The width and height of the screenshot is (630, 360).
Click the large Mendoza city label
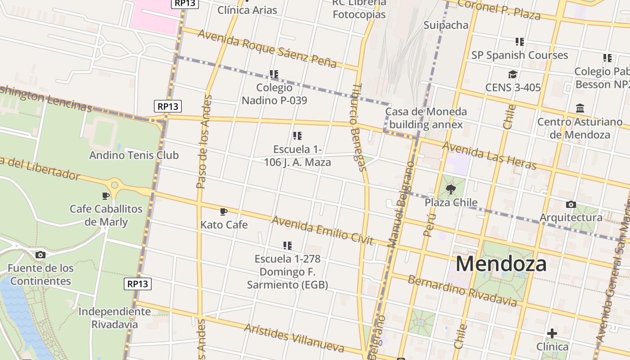coord(501,264)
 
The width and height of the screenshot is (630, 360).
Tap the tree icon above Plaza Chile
coord(450,189)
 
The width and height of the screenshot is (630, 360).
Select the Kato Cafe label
coord(224,225)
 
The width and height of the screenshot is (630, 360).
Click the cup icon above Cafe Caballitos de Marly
coord(106,196)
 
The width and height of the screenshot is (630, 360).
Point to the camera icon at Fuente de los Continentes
coord(40,255)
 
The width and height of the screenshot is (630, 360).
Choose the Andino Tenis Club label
coord(134,155)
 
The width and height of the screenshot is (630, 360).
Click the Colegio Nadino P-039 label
coord(274,94)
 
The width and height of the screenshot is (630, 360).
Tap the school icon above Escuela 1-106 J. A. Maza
coord(297,135)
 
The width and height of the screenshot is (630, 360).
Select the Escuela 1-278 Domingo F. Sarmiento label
coord(287,272)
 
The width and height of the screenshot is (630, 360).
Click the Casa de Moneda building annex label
coord(426,118)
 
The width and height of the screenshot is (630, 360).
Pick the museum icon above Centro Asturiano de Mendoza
coord(580,108)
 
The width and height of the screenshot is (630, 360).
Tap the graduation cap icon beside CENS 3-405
coord(513,75)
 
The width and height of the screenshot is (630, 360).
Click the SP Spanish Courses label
coord(519,55)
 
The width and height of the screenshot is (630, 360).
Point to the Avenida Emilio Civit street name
coord(322,230)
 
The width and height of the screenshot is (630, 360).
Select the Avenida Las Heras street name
coord(489,156)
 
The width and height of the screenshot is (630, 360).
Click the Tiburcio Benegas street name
coord(357,128)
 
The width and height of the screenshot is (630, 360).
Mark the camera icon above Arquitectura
coord(571,205)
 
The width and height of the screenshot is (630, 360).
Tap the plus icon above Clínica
coord(552,333)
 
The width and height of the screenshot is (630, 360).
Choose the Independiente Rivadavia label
coord(114,318)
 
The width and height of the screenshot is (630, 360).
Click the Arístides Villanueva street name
coord(294,337)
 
